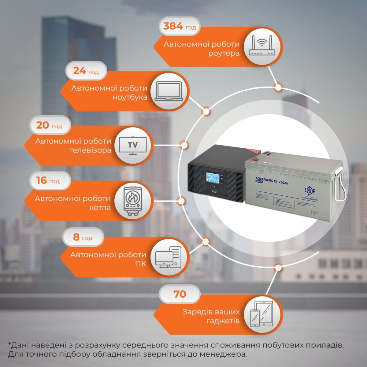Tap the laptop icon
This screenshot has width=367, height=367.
pyautogui.click(x=169, y=91)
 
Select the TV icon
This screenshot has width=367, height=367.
pyautogui.click(x=132, y=145)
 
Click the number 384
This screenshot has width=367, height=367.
pyautogui.click(x=173, y=27)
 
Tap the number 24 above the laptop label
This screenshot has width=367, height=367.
pyautogui.click(x=79, y=71)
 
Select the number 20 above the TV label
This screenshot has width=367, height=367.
pyautogui.click(x=43, y=125)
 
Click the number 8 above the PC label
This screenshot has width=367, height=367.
pyautogui.click(x=76, y=237)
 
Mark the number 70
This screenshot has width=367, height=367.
pyautogui.click(x=180, y=294)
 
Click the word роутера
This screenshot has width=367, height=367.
pyautogui.click(x=224, y=54)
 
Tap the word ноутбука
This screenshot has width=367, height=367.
pyautogui.click(x=130, y=98)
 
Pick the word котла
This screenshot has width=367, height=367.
pyautogui.click(x=100, y=208)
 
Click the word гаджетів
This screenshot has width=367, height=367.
pyautogui.click(x=223, y=321)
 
